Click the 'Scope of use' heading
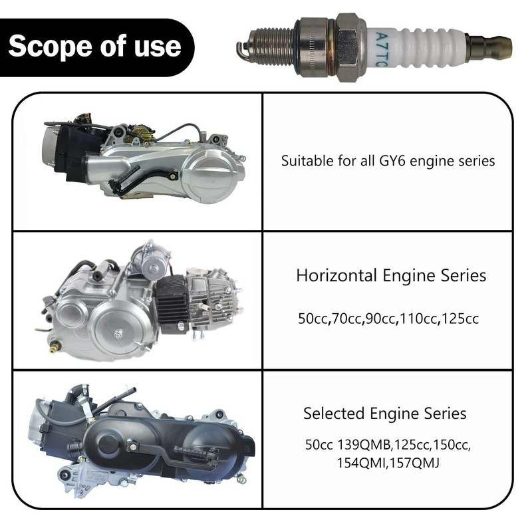pyautogui.click(x=94, y=46)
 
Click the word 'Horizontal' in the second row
pyautogui.click(x=337, y=275)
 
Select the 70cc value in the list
pyautogui.click(x=348, y=319)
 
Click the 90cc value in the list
pyautogui.click(x=380, y=319)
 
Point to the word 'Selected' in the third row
pyautogui.click(x=331, y=413)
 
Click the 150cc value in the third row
pyautogui.click(x=454, y=444)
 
